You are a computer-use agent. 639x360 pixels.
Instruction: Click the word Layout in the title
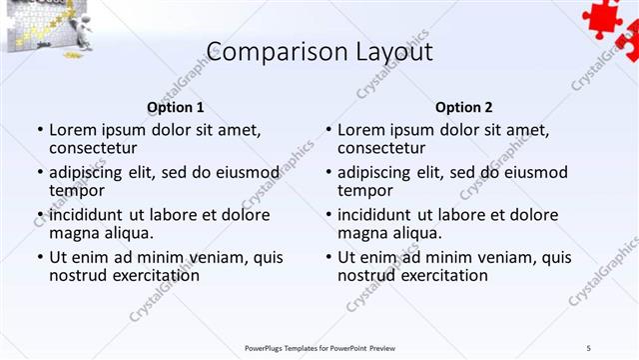coord(384,52)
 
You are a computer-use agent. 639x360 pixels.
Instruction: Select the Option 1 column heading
coord(176,107)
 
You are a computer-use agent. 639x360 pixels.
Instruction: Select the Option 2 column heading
coord(464,107)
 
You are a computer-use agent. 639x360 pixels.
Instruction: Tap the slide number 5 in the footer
coord(589,347)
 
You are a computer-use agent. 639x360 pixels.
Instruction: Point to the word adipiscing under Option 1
coord(88,172)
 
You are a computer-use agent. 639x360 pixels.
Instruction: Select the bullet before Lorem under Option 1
coord(40,131)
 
